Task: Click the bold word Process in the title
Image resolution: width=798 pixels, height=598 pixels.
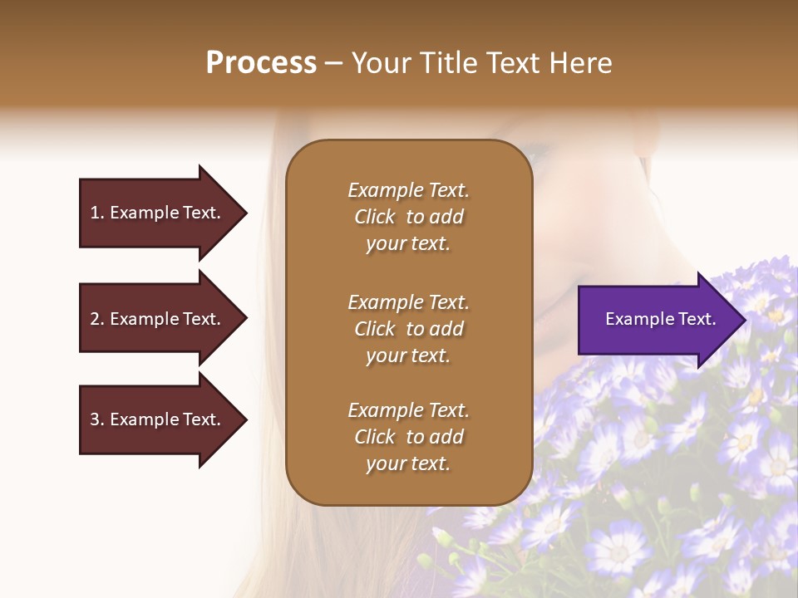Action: tap(261, 63)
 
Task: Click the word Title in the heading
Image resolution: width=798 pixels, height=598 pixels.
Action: tap(451, 63)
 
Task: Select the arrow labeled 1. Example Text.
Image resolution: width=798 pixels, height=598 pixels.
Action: tap(158, 213)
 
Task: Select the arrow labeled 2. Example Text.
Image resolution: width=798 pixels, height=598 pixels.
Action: tap(158, 319)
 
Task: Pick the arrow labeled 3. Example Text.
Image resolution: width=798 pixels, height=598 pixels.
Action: tap(158, 419)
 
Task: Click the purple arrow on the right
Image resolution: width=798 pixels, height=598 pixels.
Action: tap(657, 320)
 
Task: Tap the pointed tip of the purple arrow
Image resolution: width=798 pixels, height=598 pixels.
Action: tap(743, 320)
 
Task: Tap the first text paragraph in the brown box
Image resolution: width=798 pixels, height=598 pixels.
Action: tap(408, 217)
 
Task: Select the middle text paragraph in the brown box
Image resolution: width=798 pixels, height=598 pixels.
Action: tap(408, 329)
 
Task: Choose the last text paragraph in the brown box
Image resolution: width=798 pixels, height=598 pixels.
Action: tap(408, 437)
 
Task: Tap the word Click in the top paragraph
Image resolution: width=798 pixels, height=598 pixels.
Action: tap(374, 217)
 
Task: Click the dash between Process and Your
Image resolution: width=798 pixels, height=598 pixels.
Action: tap(333, 63)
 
